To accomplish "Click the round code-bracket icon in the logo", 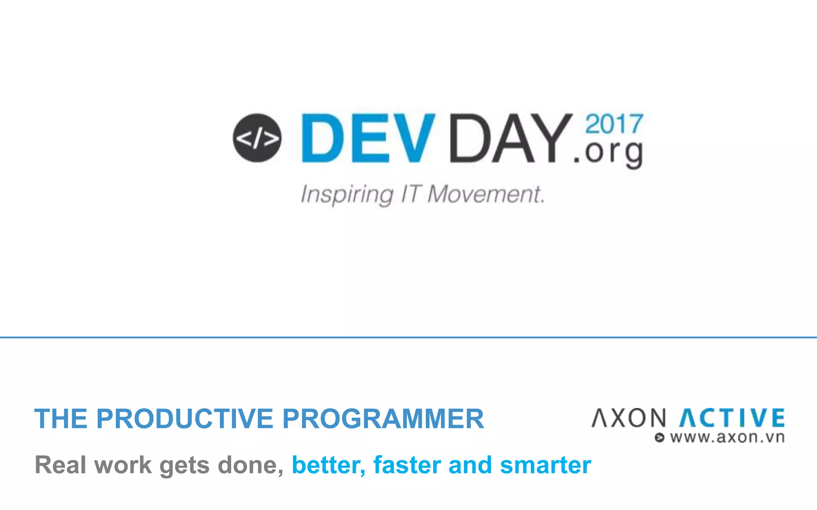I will click(257, 138).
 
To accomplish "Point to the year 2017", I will click(614, 124).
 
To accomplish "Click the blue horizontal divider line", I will click(408, 337).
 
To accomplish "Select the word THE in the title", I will click(61, 419).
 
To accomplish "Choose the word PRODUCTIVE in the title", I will click(184, 419).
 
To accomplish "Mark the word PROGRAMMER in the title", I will click(383, 419).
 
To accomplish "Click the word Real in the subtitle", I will click(60, 465).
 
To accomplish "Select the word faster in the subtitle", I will click(407, 465).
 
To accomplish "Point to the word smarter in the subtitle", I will click(545, 465).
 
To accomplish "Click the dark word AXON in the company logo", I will click(629, 418).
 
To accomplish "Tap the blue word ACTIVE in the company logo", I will click(732, 418).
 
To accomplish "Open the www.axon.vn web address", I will click(727, 437).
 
